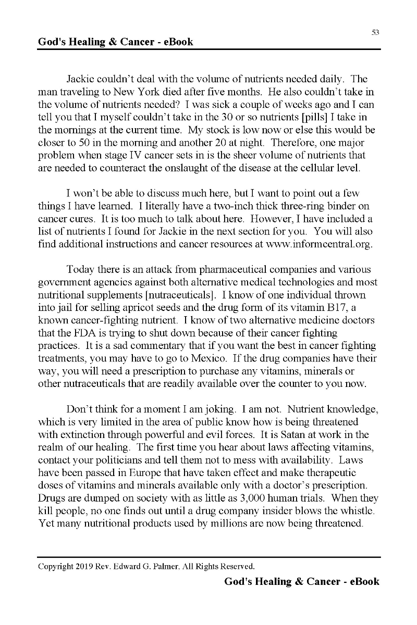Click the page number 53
(x=375, y=32)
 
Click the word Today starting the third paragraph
(x=80, y=270)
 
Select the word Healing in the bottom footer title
(x=269, y=582)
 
